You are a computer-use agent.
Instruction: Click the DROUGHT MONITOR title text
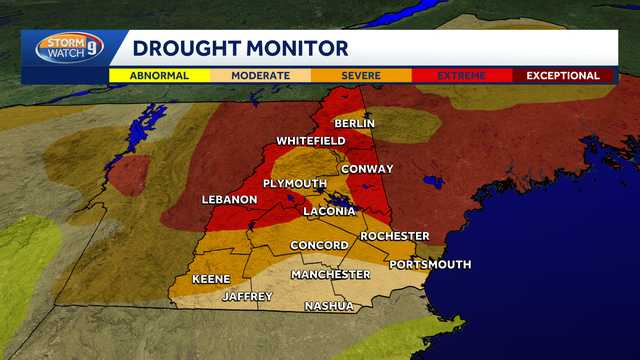[240, 48]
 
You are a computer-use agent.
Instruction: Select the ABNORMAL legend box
[159, 75]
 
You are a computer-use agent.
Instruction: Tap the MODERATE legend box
[260, 75]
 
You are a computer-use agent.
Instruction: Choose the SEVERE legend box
[360, 75]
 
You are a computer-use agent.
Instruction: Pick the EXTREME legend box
[461, 75]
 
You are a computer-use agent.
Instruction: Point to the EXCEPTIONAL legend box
[563, 75]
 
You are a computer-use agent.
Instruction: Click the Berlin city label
[354, 123]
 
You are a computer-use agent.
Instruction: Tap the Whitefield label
[311, 141]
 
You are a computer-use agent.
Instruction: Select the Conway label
[367, 169]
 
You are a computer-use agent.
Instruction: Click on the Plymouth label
[295, 184]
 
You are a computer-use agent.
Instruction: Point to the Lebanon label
[230, 199]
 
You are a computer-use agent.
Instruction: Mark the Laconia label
[329, 211]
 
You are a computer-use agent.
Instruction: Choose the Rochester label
[394, 236]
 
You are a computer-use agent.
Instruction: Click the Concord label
[319, 246]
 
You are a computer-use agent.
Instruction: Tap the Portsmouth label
[430, 264]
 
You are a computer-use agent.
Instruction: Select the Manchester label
[330, 274]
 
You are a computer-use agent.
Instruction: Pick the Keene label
[211, 279]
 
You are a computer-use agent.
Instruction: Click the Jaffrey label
[247, 297]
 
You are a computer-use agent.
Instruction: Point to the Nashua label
[329, 306]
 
